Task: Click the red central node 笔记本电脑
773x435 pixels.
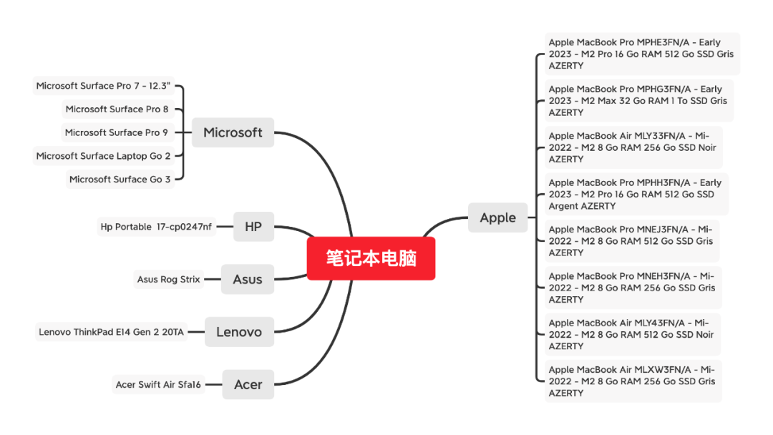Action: point(371,258)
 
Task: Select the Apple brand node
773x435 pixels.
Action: point(497,217)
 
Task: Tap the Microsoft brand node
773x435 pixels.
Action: point(233,132)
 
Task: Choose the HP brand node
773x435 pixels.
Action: point(253,227)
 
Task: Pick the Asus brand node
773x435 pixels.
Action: point(248,279)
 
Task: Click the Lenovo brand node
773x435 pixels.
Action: point(239,332)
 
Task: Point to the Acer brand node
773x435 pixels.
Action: point(248,384)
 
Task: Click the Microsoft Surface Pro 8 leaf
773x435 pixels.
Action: point(117,109)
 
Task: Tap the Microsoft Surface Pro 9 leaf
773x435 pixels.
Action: point(117,132)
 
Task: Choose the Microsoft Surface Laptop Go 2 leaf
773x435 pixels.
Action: point(104,156)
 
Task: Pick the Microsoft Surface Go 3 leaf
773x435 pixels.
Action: point(120,179)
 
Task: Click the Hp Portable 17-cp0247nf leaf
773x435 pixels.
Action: point(156,227)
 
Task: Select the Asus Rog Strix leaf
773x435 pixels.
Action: point(168,279)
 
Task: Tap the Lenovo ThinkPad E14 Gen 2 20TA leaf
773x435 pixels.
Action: point(111,332)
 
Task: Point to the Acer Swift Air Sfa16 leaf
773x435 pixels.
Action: point(158,384)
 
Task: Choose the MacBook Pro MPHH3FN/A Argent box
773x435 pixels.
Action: point(635,194)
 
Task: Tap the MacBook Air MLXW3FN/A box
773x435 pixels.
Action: point(631,381)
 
